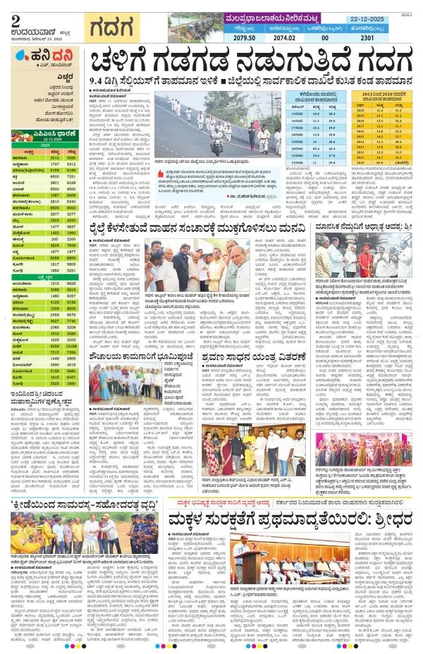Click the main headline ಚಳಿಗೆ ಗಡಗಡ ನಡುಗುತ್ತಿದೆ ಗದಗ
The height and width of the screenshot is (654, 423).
pyautogui.click(x=250, y=68)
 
